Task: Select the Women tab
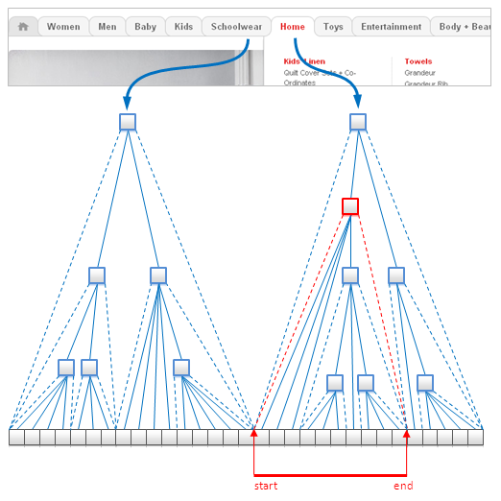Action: [x=63, y=27]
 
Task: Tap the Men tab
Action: [x=107, y=27]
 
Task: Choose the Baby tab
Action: [x=145, y=27]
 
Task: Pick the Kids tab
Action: [x=183, y=27]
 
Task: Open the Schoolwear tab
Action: [x=236, y=27]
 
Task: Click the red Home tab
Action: [x=293, y=27]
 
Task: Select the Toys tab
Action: [x=333, y=27]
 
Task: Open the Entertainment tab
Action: [x=391, y=27]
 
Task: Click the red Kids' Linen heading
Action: [x=304, y=61]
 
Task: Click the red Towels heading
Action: [x=417, y=61]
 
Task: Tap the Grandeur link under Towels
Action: [x=420, y=72]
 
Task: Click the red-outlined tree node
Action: [x=350, y=206]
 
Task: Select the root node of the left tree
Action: [x=128, y=122]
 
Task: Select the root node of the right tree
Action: [x=358, y=122]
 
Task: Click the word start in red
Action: [x=266, y=486]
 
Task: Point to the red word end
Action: [x=403, y=486]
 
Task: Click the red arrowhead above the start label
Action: [x=253, y=434]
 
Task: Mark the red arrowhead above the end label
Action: [x=407, y=434]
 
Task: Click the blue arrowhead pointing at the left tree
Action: [x=128, y=104]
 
